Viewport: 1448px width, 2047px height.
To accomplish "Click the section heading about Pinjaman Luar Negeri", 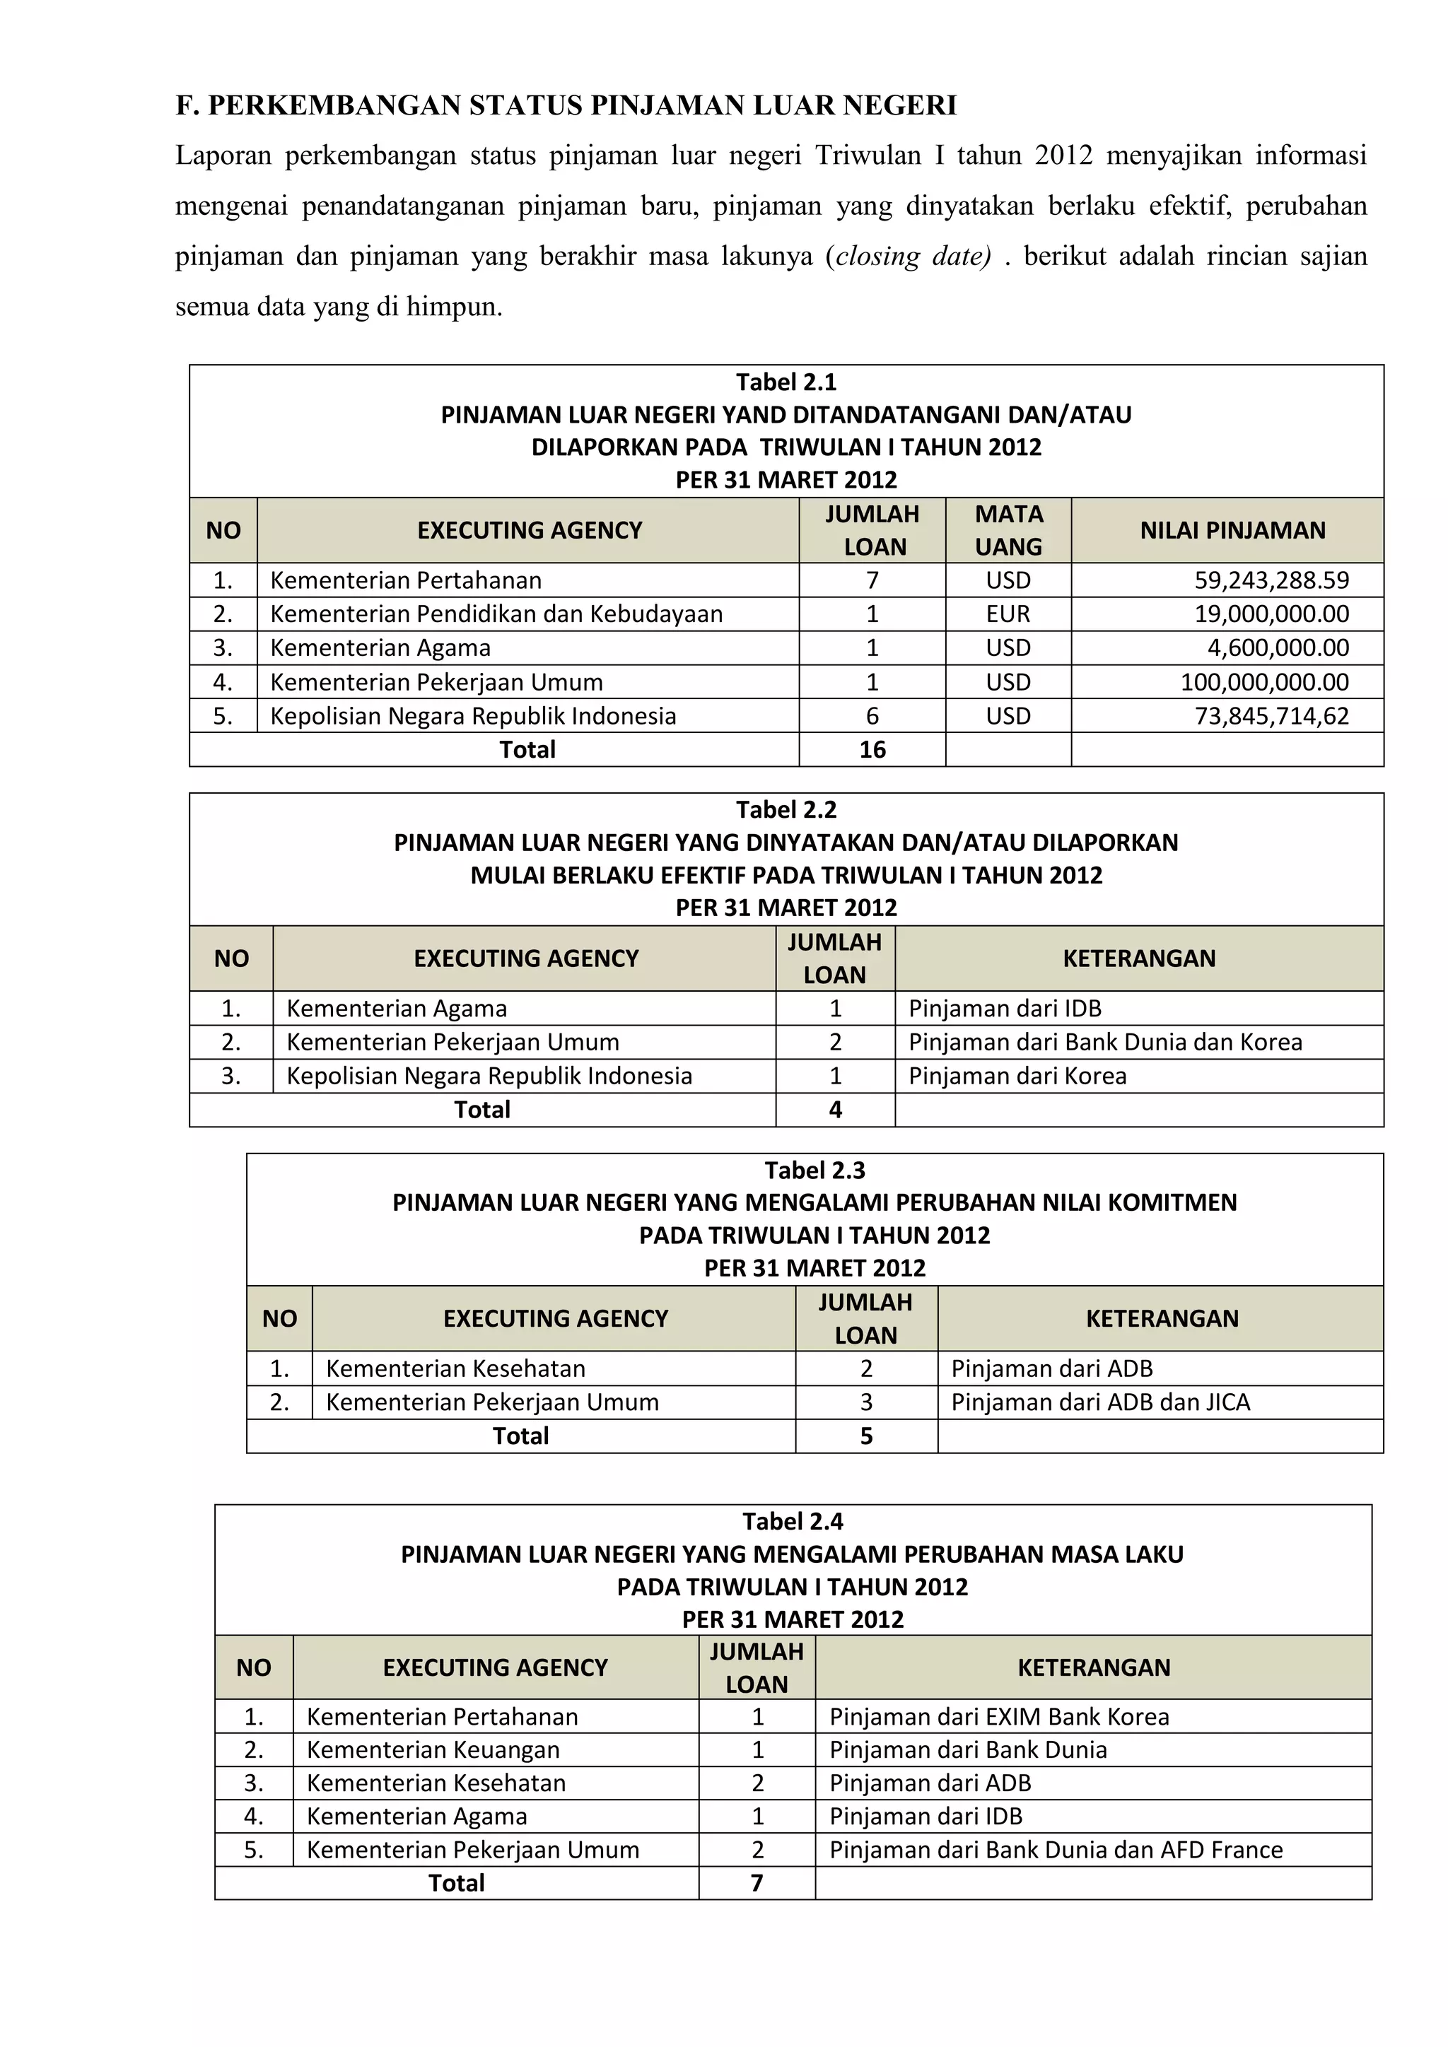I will [x=566, y=105].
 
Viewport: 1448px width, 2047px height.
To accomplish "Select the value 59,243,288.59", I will [x=1271, y=580].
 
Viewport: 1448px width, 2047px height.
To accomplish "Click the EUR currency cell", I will [x=1008, y=614].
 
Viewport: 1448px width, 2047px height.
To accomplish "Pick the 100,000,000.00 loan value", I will [x=1263, y=682].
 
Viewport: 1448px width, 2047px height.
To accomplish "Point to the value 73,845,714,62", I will [x=1271, y=716].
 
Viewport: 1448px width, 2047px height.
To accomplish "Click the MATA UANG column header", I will [x=1008, y=529].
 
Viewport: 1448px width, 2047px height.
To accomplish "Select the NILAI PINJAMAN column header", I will [x=1232, y=530].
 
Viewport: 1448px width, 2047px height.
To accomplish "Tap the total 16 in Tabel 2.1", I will [x=872, y=750].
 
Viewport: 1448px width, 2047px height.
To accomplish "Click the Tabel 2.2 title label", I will [x=786, y=809].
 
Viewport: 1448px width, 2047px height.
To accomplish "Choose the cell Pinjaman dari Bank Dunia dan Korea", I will [x=1104, y=1042].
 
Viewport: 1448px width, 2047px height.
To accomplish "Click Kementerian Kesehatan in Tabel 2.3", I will [x=455, y=1368].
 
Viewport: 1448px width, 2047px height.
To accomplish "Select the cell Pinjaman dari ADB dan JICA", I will [x=1100, y=1402].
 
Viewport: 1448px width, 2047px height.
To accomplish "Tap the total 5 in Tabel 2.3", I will [x=866, y=1436].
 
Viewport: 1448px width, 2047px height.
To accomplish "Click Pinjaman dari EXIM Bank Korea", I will [x=998, y=1717].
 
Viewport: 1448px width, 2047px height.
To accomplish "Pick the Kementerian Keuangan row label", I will [x=433, y=1750].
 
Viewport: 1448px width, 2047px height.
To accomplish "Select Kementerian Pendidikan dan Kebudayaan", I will [x=496, y=614].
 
